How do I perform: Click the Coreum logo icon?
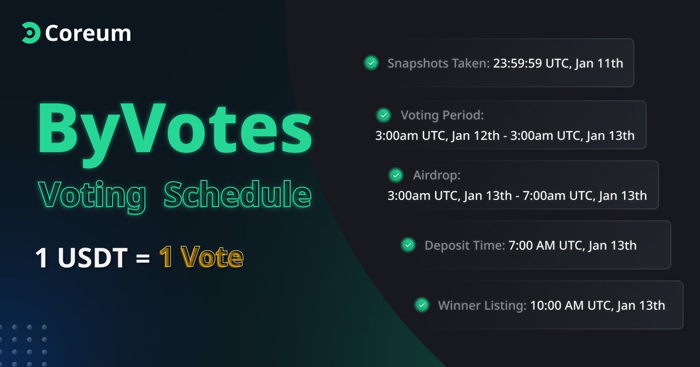30,33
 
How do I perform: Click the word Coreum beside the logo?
87,33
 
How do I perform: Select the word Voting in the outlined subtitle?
92,195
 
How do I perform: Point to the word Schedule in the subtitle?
237,195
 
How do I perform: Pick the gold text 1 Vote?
201,257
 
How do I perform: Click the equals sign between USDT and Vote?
143,258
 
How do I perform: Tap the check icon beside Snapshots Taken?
370,63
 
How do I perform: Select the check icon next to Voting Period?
383,115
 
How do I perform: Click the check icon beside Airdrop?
395,175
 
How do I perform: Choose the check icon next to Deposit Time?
408,245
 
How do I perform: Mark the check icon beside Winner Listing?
421,305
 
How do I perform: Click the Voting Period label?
442,115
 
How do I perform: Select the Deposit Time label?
464,245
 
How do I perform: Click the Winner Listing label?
482,305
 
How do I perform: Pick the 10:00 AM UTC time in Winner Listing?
570,305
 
